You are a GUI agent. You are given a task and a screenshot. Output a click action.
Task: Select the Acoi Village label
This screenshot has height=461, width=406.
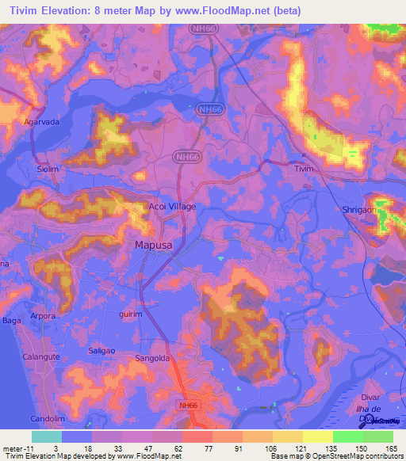pos(172,206)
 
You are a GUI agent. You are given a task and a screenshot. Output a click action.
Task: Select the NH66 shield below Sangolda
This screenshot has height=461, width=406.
pos(185,404)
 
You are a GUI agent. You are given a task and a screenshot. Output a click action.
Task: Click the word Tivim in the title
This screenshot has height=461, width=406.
pos(21,10)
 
